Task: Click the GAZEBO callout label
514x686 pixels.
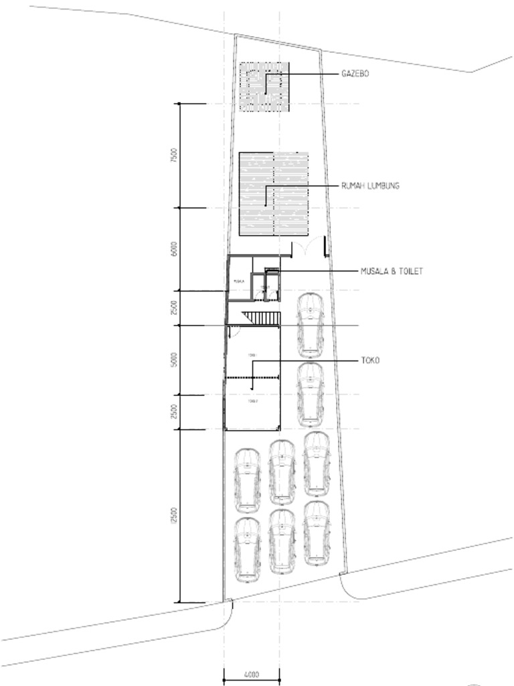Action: [355, 74]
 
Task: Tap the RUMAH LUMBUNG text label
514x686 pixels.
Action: [370, 186]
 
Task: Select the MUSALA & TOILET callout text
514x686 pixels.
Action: [392, 271]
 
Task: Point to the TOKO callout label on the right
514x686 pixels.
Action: [370, 360]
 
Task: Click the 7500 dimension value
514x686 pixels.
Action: [174, 156]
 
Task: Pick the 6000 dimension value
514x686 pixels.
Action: [174, 249]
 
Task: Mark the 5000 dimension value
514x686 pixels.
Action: [174, 360]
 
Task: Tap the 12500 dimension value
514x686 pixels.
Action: [174, 516]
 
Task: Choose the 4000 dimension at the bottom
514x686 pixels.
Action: [251, 675]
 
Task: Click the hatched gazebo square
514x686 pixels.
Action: [264, 87]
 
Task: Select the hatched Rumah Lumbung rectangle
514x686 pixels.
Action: [274, 194]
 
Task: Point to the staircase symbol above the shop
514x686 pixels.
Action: [260, 317]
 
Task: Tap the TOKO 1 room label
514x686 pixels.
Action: [252, 356]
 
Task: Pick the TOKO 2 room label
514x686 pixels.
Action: [252, 401]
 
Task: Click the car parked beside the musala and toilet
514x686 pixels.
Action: [310, 324]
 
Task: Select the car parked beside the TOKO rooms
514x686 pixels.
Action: [310, 395]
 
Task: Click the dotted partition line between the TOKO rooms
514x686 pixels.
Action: [252, 378]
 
